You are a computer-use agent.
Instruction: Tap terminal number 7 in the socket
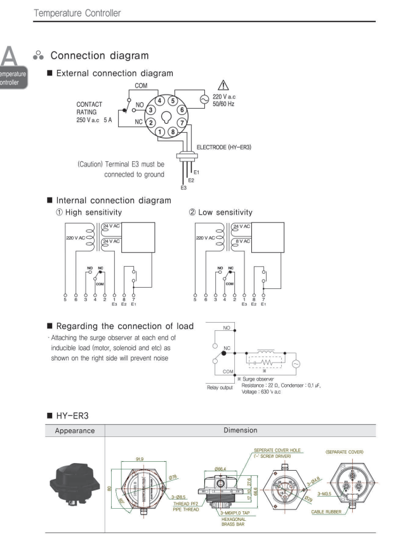click(181, 121)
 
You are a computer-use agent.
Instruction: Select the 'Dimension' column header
click(240, 429)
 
